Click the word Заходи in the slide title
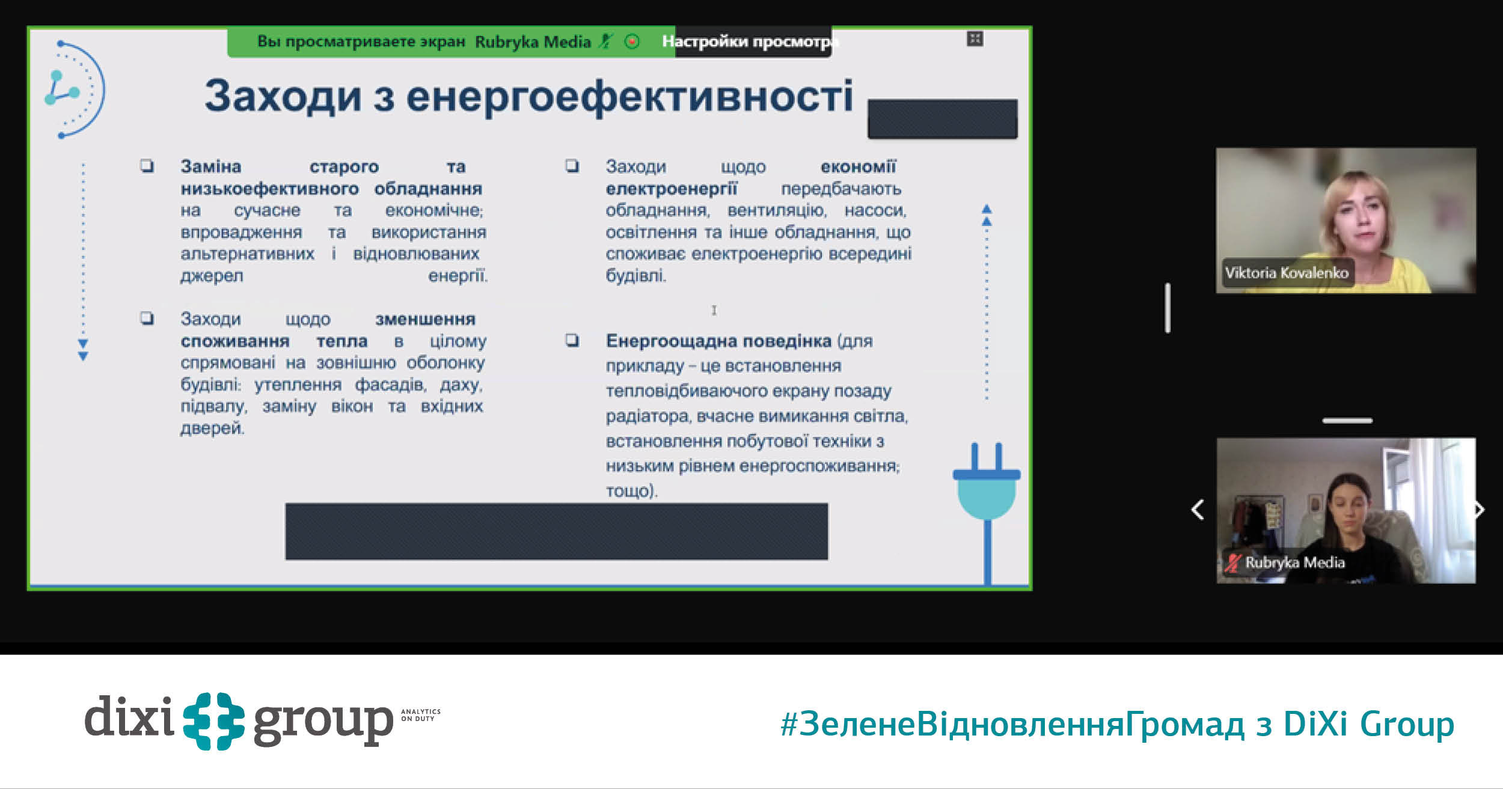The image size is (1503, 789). pyautogui.click(x=283, y=97)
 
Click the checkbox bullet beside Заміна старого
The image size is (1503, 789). pyautogui.click(x=147, y=166)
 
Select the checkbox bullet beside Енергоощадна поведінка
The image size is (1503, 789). pyautogui.click(x=572, y=341)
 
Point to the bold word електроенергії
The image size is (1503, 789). pyautogui.click(x=671, y=189)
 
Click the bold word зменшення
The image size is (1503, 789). pyautogui.click(x=425, y=319)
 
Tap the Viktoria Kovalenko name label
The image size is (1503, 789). pyautogui.click(x=1287, y=273)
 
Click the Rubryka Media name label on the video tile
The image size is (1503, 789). pyautogui.click(x=1294, y=562)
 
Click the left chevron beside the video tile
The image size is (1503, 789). pyautogui.click(x=1198, y=510)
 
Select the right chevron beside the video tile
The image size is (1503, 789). pyautogui.click(x=1480, y=510)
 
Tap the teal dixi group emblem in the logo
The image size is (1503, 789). pyautogui.click(x=214, y=721)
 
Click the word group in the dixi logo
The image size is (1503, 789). pyautogui.click(x=323, y=724)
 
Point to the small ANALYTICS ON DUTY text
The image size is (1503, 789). pyautogui.click(x=421, y=715)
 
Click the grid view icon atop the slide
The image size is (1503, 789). pyautogui.click(x=975, y=39)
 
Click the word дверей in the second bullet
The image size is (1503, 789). pyautogui.click(x=212, y=428)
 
